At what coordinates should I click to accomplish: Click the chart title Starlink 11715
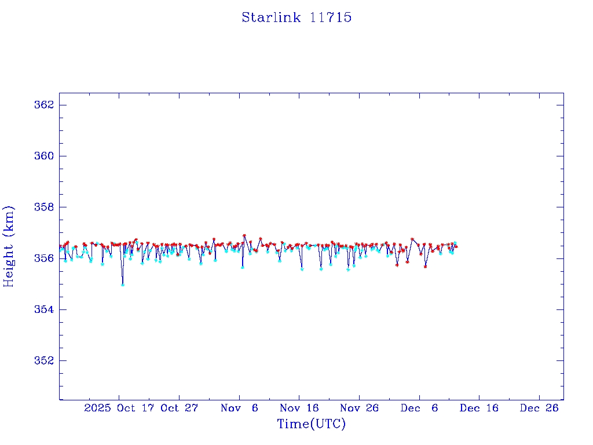click(x=296, y=17)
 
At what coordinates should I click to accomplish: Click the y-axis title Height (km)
click(x=9, y=246)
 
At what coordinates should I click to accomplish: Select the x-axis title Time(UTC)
click(x=311, y=424)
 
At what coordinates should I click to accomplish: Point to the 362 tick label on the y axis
click(x=44, y=105)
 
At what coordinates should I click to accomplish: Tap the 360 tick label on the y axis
click(x=44, y=156)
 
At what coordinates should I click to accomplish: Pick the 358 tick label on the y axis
click(x=44, y=207)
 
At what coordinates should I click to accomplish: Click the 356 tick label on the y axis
click(x=44, y=258)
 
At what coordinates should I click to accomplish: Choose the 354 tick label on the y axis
click(x=44, y=309)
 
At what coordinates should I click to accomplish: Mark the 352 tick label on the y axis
click(x=44, y=360)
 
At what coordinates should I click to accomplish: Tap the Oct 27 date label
click(x=180, y=408)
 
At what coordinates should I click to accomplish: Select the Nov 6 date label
click(x=240, y=408)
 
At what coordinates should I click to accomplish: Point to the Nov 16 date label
click(x=299, y=408)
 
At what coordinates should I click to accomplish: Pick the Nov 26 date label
click(x=359, y=408)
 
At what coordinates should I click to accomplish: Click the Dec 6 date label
click(x=419, y=408)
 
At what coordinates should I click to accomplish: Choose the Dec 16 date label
click(x=479, y=408)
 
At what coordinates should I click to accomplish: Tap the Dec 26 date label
click(x=539, y=408)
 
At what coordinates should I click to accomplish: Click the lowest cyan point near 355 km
click(x=122, y=284)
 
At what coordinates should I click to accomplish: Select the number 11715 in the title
click(x=331, y=17)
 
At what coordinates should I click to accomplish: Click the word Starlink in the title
click(x=271, y=17)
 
